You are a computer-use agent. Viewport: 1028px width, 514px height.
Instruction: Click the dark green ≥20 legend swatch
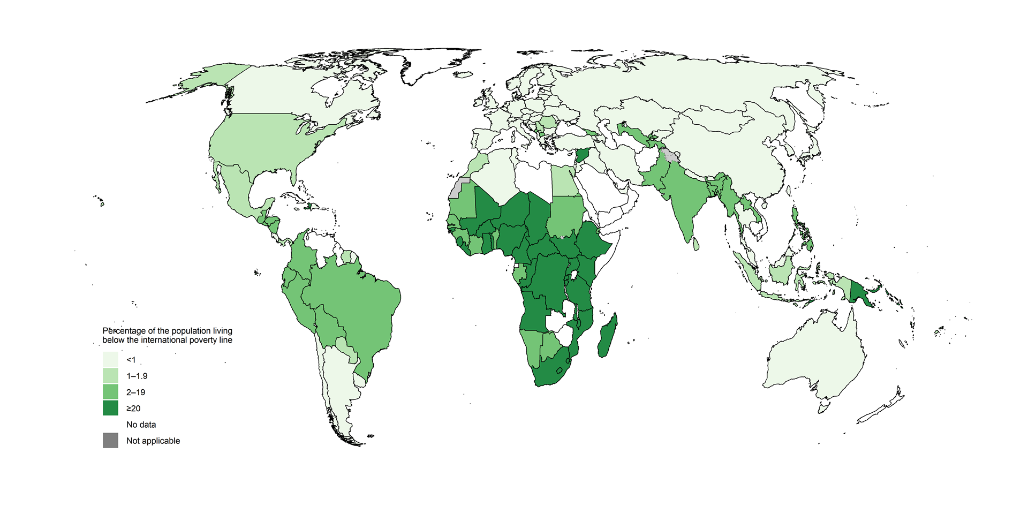click(110, 408)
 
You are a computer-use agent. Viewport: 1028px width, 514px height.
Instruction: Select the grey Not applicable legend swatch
click(110, 441)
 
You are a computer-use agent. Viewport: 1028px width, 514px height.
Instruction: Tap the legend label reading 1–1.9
click(137, 376)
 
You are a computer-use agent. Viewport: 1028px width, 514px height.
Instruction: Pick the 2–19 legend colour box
click(110, 392)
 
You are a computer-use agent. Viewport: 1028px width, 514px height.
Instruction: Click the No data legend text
click(141, 425)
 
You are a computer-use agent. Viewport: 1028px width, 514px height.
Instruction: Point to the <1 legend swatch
click(110, 359)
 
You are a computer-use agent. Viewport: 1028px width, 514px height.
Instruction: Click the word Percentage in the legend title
click(124, 331)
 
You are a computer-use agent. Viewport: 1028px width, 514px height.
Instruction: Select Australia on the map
click(814, 359)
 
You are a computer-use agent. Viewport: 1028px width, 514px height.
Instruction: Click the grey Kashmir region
click(669, 156)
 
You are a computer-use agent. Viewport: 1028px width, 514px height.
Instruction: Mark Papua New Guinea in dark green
click(860, 294)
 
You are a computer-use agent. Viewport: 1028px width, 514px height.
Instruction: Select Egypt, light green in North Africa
click(562, 182)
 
